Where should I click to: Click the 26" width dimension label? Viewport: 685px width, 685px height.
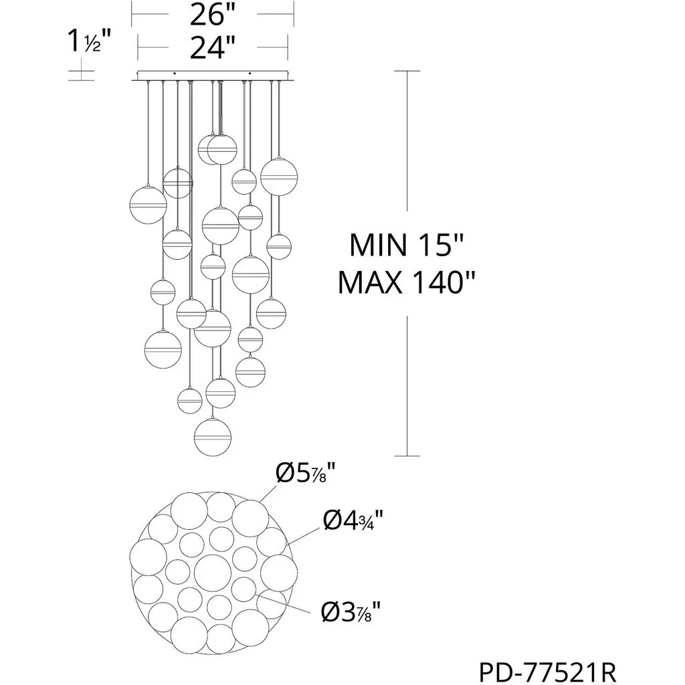click(212, 15)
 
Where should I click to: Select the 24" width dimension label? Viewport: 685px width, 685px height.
click(212, 47)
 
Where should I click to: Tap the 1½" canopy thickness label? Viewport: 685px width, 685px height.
click(89, 41)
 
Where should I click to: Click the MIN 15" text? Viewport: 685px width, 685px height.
click(406, 245)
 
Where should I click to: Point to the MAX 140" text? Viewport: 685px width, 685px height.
click(406, 283)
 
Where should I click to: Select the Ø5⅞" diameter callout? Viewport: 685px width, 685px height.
click(305, 473)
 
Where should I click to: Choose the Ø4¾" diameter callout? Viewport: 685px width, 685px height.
click(353, 520)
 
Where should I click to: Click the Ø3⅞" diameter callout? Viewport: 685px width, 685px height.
click(351, 611)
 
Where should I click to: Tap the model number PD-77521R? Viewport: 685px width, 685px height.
click(548, 672)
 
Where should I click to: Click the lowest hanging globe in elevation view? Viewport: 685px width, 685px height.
click(212, 437)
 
